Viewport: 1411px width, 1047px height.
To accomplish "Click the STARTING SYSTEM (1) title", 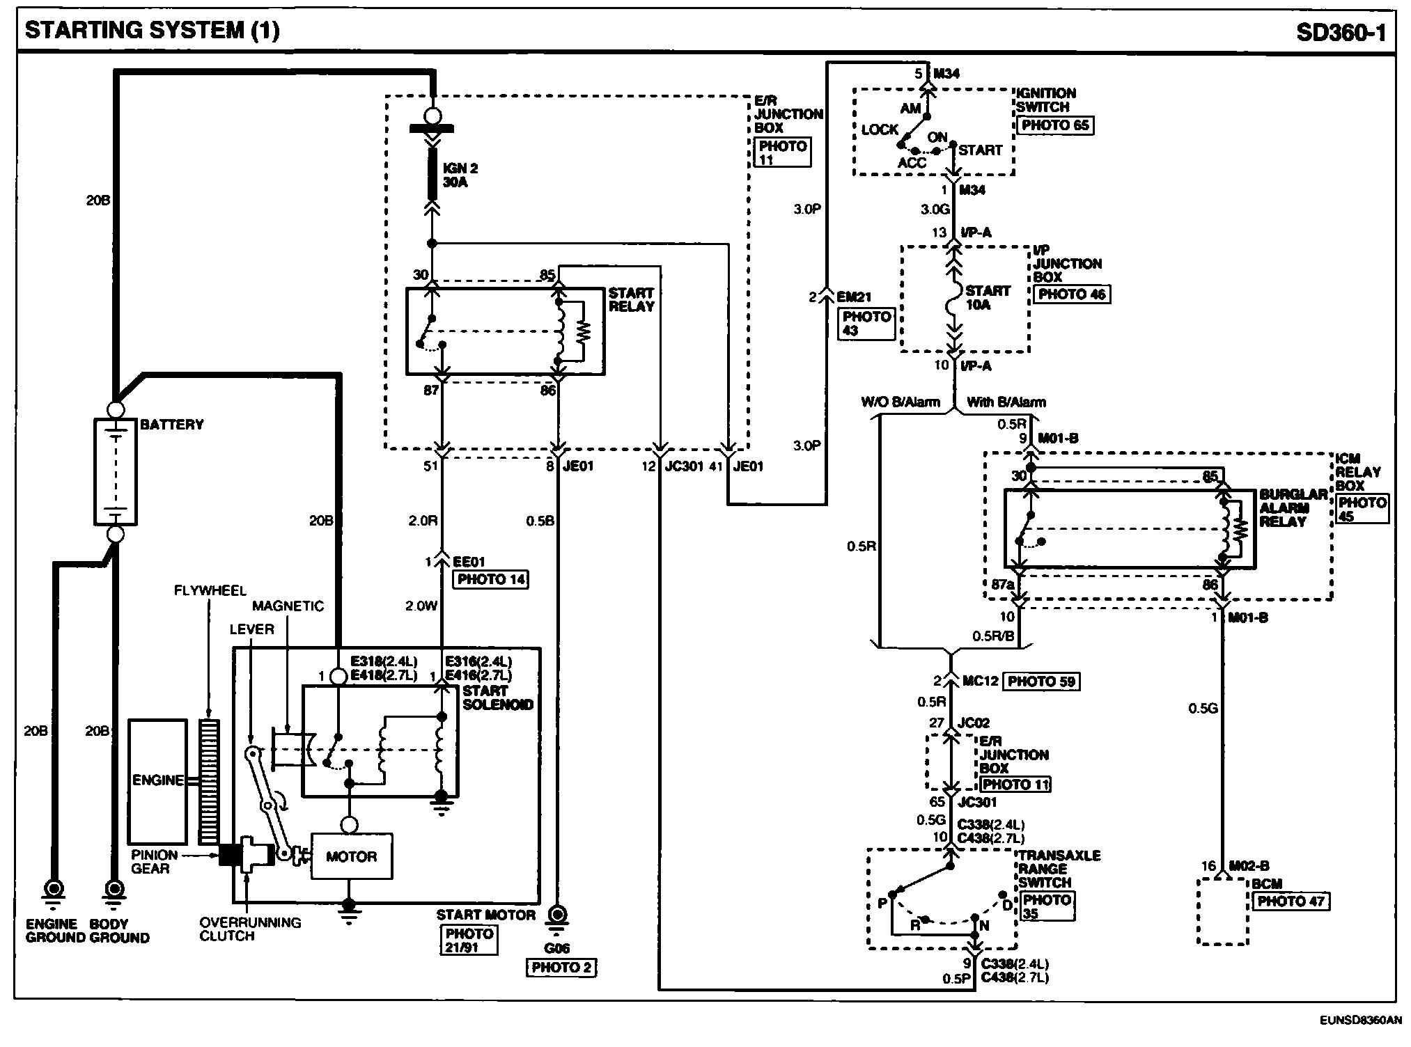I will (152, 31).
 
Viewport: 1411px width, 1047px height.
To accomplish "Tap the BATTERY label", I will (172, 425).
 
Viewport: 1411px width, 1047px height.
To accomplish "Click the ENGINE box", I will (158, 781).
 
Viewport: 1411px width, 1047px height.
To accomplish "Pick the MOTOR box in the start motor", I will (351, 857).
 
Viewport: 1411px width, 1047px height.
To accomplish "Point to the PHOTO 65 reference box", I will (1054, 125).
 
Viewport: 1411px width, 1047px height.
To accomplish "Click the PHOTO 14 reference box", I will (491, 579).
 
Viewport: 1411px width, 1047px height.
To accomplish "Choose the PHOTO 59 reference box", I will (1040, 682).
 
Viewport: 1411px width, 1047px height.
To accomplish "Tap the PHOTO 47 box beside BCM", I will (1291, 901).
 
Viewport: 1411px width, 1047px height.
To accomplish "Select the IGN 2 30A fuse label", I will (460, 175).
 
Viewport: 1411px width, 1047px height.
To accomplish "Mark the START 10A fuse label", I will (988, 297).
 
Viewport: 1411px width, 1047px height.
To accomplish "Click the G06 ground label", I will (557, 947).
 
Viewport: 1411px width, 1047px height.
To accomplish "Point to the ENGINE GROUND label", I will (52, 931).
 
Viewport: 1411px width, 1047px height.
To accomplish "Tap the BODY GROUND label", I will (119, 931).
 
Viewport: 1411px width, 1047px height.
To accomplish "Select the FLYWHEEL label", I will (210, 591).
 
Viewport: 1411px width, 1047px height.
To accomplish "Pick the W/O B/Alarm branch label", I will (901, 402).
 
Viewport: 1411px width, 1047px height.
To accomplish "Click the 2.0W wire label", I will (421, 606).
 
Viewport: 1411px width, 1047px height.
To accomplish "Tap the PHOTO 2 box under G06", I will (561, 968).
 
